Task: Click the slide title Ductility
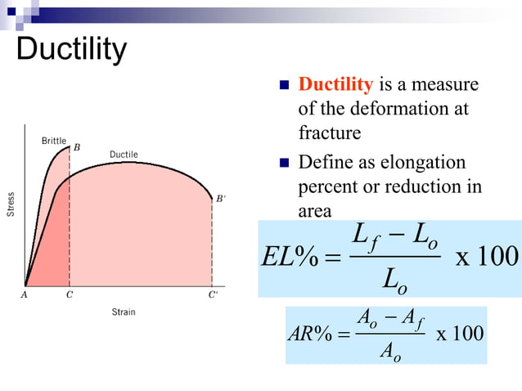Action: pyautogui.click(x=72, y=51)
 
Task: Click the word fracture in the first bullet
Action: pyautogui.click(x=330, y=131)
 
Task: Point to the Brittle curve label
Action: pyautogui.click(x=54, y=141)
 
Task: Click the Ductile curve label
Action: pyautogui.click(x=124, y=155)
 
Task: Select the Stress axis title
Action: pyautogui.click(x=11, y=204)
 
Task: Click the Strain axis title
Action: pyautogui.click(x=124, y=312)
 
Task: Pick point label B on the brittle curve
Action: pyautogui.click(x=77, y=148)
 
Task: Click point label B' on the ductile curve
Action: pyautogui.click(x=219, y=198)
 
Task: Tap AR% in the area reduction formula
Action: pyautogui.click(x=310, y=335)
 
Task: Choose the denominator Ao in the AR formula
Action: pyautogui.click(x=391, y=351)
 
